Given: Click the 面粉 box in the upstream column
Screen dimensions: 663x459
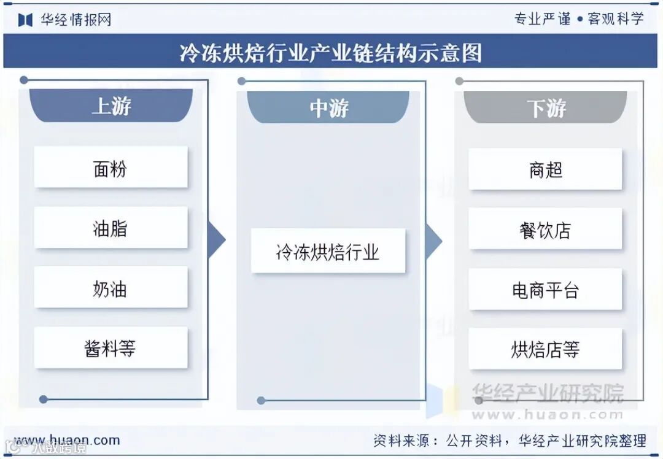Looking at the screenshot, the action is coord(110,168).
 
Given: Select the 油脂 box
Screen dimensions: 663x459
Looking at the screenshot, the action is coord(110,228).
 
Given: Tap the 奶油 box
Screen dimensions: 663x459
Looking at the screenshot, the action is coord(110,288).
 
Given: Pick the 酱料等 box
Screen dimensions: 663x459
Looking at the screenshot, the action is coord(110,348).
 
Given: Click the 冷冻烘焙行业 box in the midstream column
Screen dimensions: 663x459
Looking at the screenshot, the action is coord(328,251).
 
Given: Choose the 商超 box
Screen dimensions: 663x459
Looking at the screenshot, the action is coord(545,169).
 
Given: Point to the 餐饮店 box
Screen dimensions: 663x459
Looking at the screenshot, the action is coord(545,229).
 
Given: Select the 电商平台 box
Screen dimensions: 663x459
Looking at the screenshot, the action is coord(545,289).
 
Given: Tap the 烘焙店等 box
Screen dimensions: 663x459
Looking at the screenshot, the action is coord(545,349).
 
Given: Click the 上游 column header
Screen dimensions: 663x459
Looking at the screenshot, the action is coord(111,106).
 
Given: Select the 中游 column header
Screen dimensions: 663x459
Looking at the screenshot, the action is coord(328,107).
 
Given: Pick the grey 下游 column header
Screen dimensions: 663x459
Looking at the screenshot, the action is coord(546,108).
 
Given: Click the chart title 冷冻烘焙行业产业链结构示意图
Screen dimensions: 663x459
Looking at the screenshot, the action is coord(331,52).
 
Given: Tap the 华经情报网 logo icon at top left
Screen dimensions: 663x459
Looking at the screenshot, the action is coord(25,20).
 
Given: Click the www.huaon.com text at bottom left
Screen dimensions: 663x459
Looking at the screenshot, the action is coord(67,440).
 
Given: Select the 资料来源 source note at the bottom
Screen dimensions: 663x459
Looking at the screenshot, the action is coord(510,440).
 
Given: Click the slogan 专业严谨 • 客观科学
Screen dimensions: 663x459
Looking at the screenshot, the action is coord(579,18).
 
